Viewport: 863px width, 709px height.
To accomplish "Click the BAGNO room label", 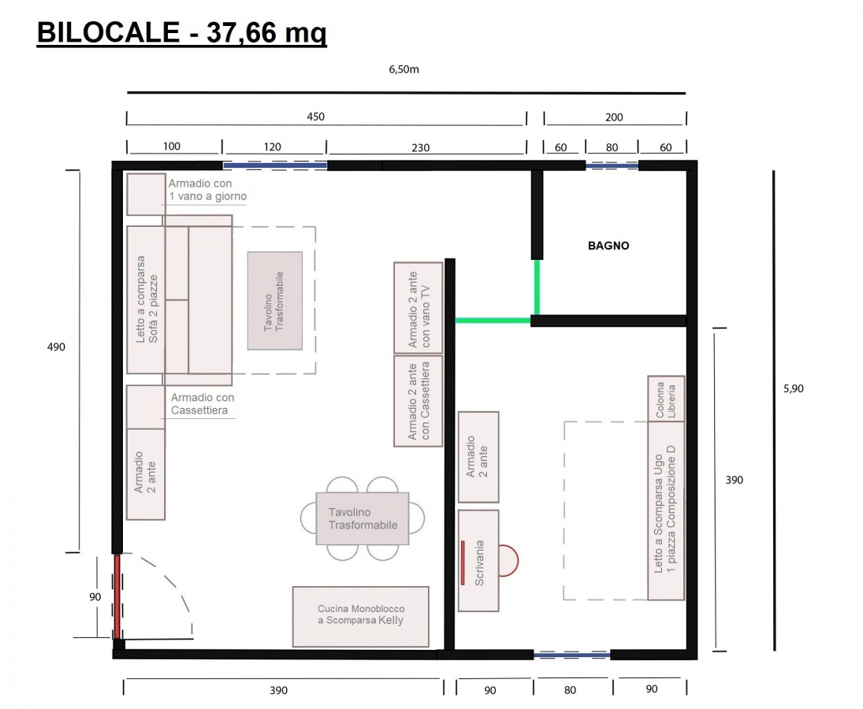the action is tap(608, 246).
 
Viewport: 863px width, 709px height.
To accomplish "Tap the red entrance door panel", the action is tap(117, 597).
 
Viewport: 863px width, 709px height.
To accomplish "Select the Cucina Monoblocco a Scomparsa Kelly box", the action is tap(360, 617).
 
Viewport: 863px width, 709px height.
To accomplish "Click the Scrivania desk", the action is tap(478, 560).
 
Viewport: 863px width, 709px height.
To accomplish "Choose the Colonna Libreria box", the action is tap(666, 399).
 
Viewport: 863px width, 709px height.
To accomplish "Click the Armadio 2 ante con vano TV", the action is tap(418, 307).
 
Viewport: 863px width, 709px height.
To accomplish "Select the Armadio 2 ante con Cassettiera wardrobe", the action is tap(418, 401).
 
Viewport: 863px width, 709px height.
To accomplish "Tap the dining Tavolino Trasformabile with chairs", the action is tap(363, 518).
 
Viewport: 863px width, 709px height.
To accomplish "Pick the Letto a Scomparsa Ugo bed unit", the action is tap(666, 510).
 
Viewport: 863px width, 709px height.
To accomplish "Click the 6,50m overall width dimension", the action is tap(404, 69).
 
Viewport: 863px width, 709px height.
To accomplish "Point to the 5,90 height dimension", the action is tap(793, 388).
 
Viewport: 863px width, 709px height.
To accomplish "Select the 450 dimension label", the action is tap(315, 117).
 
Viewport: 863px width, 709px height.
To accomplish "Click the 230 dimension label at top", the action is tap(421, 147).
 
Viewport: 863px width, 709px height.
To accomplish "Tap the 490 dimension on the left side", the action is tap(56, 347).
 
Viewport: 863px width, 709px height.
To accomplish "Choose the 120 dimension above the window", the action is tap(273, 147).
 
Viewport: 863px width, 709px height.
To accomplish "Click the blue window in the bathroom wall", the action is tap(612, 165).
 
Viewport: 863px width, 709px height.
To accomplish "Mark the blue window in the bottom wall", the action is tap(572, 655).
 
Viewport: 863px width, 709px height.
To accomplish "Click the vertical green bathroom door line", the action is tap(537, 287).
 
